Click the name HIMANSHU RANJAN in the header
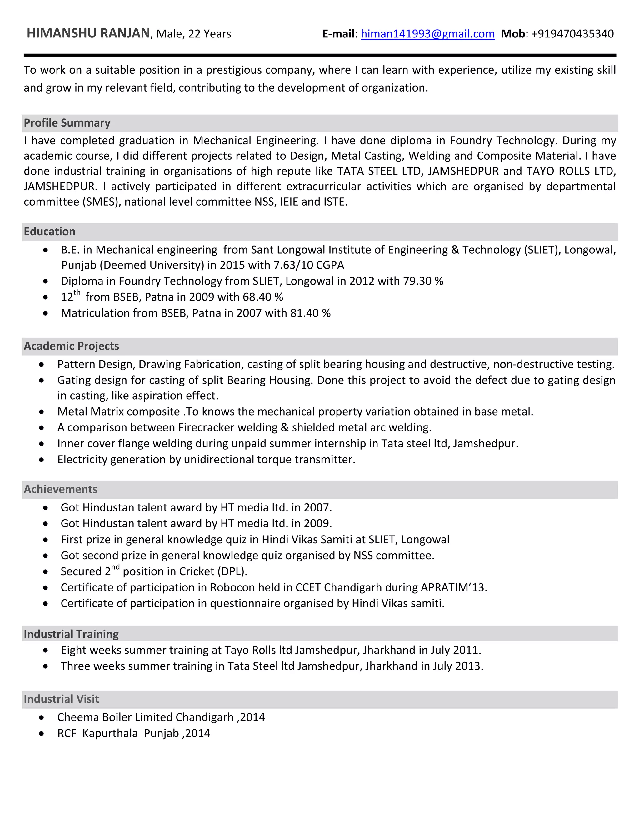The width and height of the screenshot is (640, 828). point(88,33)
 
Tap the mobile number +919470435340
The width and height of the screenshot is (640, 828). point(572,34)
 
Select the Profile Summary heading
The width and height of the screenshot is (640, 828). point(67,123)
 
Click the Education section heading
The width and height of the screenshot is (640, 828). point(50,231)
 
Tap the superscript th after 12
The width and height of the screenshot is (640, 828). point(77,293)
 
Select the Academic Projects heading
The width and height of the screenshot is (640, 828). point(71,346)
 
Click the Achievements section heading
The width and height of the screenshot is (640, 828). point(61,489)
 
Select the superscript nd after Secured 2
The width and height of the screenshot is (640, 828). point(115,567)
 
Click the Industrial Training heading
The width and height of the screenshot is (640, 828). point(71,634)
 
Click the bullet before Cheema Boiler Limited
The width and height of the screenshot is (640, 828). point(42,717)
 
